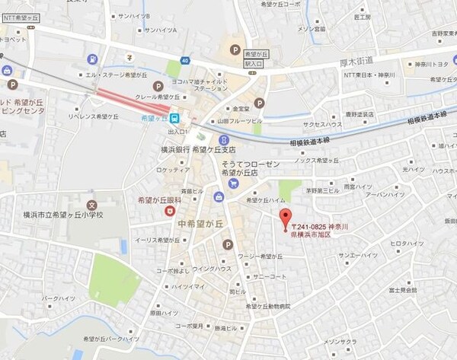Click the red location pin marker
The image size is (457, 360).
(286, 216)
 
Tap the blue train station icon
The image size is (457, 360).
(174, 118)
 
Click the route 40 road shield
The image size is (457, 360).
(184, 60)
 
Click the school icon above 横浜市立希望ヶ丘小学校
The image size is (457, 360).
(91, 205)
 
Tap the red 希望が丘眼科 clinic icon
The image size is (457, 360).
(170, 210)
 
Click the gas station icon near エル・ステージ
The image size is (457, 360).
(92, 59)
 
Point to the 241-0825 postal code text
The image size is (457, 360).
(312, 228)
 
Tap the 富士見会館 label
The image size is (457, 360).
(402, 290)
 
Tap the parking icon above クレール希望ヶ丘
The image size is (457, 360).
(158, 86)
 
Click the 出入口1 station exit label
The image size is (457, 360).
(177, 131)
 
